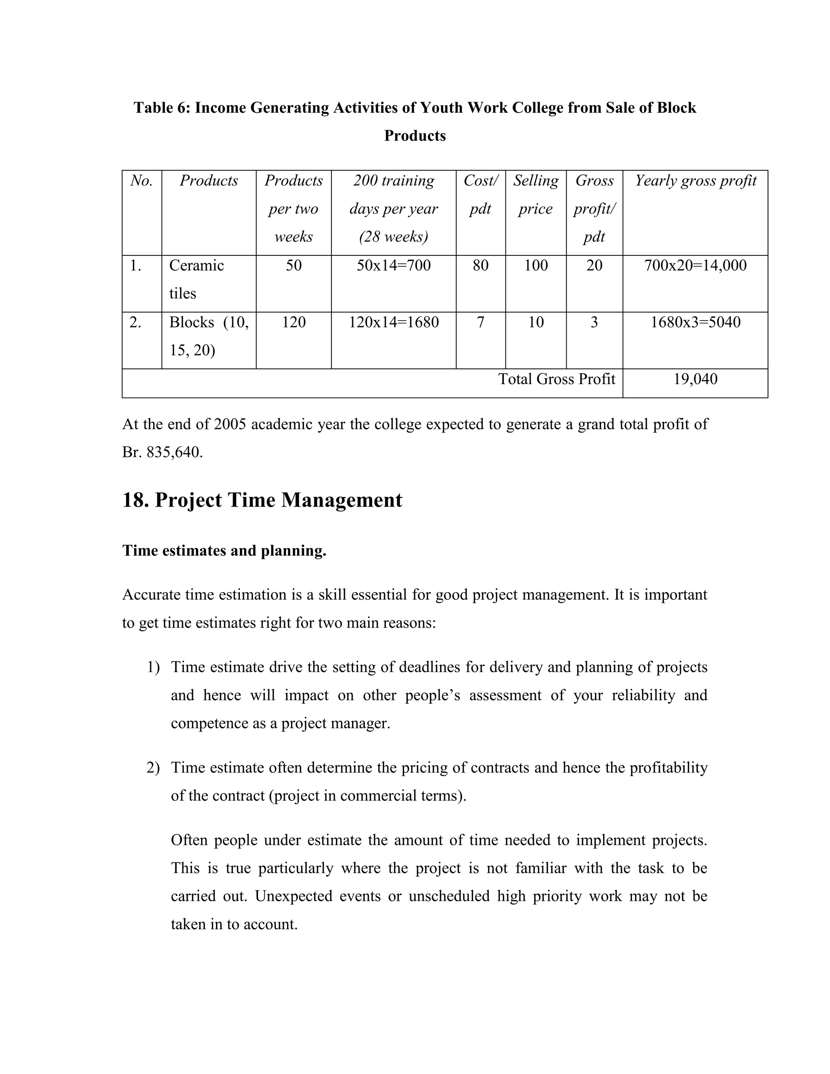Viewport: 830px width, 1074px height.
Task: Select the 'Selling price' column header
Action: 535,194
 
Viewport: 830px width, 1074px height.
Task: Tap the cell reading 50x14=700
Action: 394,265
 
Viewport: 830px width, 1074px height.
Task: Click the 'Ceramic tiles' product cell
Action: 196,279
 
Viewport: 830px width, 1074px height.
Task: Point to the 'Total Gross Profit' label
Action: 556,379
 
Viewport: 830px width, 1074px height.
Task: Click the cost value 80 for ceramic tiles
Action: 480,265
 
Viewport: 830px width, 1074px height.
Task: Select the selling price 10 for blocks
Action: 535,322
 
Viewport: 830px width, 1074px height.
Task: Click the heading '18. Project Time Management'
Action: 262,500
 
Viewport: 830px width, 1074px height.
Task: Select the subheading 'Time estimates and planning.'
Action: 224,550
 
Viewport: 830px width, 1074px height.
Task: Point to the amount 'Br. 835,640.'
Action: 162,452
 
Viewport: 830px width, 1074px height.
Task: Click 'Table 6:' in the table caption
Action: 162,108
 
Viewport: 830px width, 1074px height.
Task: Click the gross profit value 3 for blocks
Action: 594,322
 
